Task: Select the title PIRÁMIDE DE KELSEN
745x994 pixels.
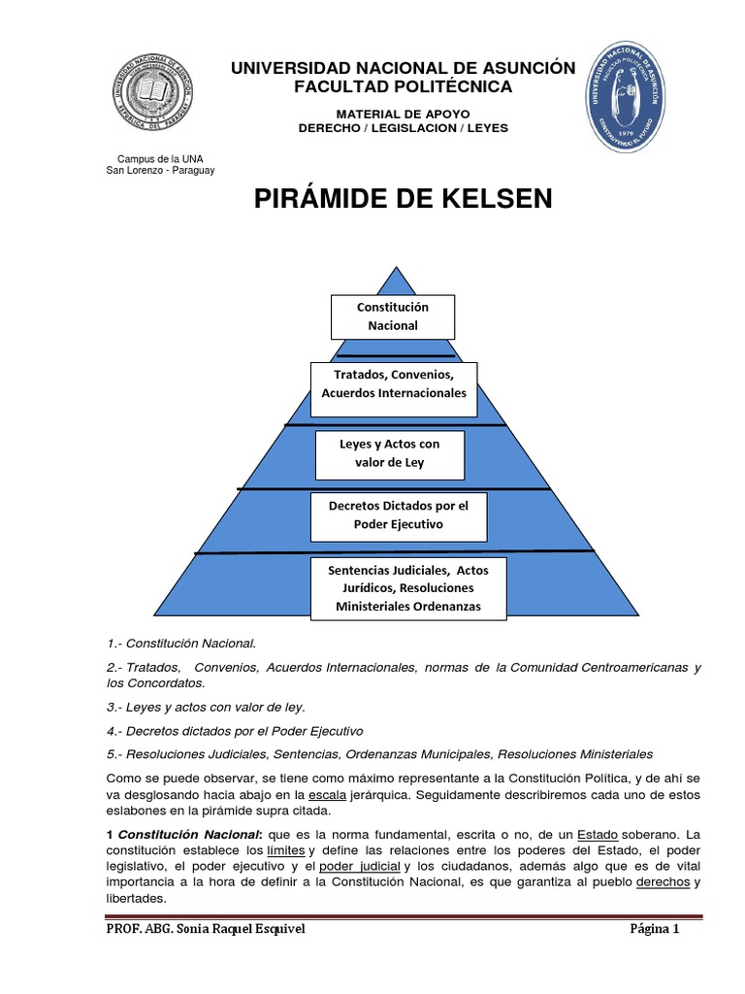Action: coord(403,199)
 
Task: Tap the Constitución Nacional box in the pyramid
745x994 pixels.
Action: coord(392,316)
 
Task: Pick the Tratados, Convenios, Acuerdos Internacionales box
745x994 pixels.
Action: coord(393,383)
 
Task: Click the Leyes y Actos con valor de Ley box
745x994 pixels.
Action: coord(389,453)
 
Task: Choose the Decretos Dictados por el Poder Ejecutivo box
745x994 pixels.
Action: coord(398,515)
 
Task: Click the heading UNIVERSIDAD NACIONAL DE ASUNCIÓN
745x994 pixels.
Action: coord(402,68)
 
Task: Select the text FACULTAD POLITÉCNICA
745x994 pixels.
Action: coord(403,87)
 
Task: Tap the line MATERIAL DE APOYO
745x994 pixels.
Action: coord(403,114)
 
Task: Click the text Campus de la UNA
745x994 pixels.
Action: coord(160,158)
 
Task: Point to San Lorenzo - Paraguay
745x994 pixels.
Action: coord(160,170)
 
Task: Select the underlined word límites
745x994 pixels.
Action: coord(285,850)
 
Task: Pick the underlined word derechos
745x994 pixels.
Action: coord(664,882)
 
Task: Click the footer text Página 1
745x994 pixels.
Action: coord(655,930)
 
